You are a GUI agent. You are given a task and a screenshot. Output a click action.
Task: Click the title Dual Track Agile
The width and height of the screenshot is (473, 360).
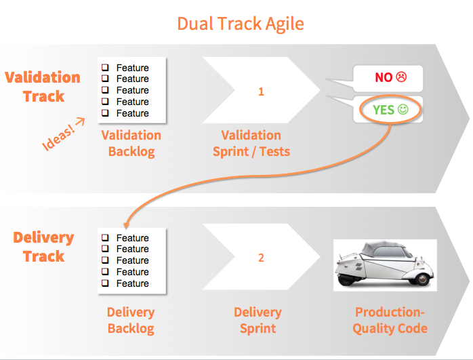[x=240, y=23]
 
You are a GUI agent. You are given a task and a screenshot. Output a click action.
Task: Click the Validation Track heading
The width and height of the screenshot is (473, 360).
[x=43, y=86]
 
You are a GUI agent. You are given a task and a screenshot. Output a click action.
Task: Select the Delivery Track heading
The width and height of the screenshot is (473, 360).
[x=43, y=247]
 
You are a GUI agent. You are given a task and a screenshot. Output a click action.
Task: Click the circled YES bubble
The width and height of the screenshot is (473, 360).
[x=390, y=109]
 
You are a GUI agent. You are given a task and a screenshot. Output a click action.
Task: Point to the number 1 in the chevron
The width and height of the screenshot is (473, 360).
[x=261, y=92]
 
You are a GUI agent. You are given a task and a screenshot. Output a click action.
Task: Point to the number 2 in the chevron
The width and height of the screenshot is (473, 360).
[x=261, y=258]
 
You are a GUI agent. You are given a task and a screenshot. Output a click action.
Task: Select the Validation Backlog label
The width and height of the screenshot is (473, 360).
[x=131, y=143]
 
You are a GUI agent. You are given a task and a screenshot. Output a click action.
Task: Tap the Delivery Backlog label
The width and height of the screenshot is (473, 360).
[x=131, y=321]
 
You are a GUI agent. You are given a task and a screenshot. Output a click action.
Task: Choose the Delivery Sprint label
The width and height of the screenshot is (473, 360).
[x=258, y=321]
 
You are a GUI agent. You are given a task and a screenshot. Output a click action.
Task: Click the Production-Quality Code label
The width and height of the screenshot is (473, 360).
[x=391, y=321]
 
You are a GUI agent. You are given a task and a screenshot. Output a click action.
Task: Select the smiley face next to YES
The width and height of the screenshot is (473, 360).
[x=404, y=109]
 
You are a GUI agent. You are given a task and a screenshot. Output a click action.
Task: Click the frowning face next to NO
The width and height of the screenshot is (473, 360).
[x=401, y=77]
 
